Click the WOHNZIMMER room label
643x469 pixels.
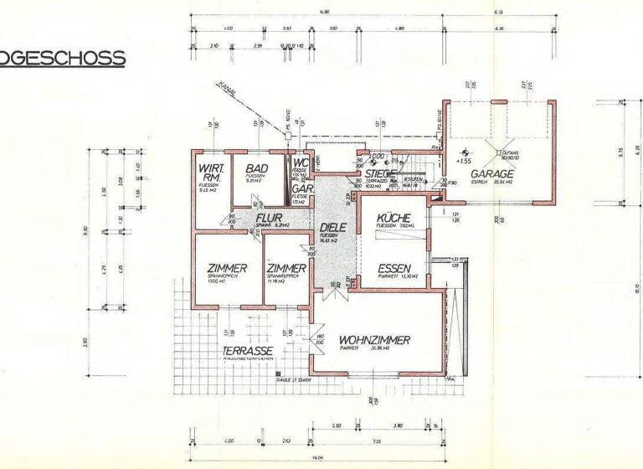click(x=374, y=340)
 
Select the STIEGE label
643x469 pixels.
click(x=381, y=173)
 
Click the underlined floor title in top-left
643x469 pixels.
click(x=63, y=58)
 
